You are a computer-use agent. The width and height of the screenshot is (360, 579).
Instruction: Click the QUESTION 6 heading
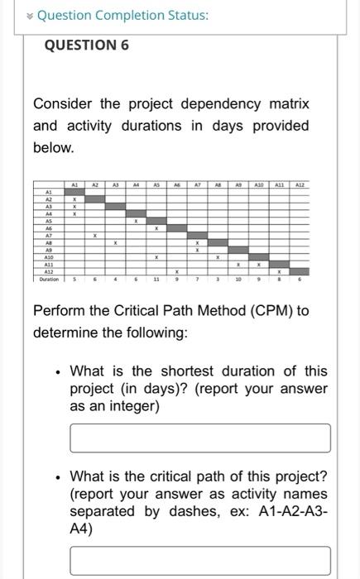86,45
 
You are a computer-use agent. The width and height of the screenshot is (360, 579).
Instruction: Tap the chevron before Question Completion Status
29,16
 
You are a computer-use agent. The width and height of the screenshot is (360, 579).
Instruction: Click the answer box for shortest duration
199,438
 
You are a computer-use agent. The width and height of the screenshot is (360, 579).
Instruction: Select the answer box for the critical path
199,560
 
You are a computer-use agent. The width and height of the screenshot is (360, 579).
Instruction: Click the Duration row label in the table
48,280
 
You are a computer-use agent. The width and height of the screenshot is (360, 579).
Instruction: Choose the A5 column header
156,186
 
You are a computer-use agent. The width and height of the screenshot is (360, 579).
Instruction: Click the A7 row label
48,235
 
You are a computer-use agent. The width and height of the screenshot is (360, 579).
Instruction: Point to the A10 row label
48,257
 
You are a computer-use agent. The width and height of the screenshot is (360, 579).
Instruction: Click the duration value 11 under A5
156,280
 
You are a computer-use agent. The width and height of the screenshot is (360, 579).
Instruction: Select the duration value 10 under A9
238,280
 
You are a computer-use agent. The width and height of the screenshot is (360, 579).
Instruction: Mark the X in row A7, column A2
95,235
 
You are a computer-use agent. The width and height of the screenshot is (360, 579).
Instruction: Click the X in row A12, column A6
176,272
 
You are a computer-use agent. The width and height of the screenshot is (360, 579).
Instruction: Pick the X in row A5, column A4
136,220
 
